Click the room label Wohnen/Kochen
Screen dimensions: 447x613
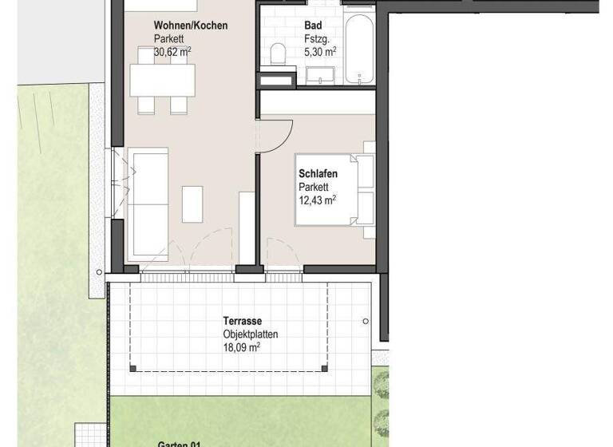click(190, 26)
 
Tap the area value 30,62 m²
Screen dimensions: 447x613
click(172, 51)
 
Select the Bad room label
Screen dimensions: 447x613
click(313, 26)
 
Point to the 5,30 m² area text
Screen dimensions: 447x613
click(320, 51)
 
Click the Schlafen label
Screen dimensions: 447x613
click(318, 174)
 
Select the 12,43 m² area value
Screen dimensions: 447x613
click(317, 200)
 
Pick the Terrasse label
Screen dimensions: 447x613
click(243, 322)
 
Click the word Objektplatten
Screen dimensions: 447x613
click(251, 334)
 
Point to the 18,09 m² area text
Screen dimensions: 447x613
click(242, 347)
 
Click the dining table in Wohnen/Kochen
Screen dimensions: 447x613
click(162, 80)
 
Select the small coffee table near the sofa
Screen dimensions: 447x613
click(192, 204)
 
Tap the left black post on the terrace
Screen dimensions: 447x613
click(133, 369)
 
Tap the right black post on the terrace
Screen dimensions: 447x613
click(324, 369)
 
